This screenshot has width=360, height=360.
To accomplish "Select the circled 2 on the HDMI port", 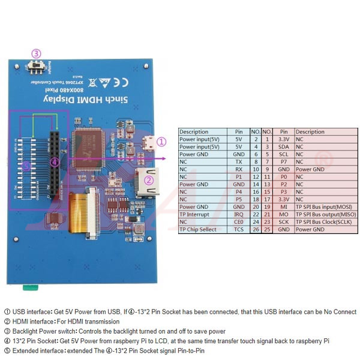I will click(x=149, y=179).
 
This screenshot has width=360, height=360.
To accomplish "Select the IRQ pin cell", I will click(x=238, y=214).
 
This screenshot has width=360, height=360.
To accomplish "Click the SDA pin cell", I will click(x=284, y=147).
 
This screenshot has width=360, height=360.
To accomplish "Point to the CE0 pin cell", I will click(x=238, y=222).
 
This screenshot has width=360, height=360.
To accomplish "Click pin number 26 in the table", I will click(x=256, y=229).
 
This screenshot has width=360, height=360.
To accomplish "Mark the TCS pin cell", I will click(x=238, y=229).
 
